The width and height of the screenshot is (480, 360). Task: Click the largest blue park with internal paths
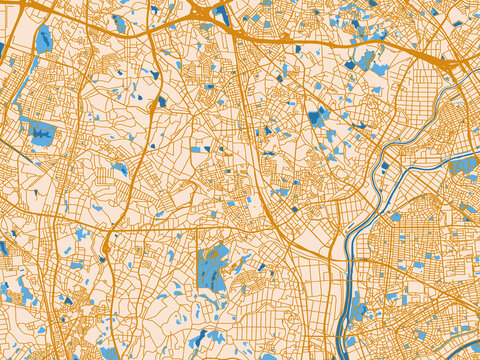tap(212, 268)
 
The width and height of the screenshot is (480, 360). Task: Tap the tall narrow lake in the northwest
tap(44, 40)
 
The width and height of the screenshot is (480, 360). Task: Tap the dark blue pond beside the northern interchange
tap(222, 14)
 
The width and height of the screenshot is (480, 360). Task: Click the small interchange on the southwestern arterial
tap(105, 243)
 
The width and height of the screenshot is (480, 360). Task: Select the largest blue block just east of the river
tap(396, 216)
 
